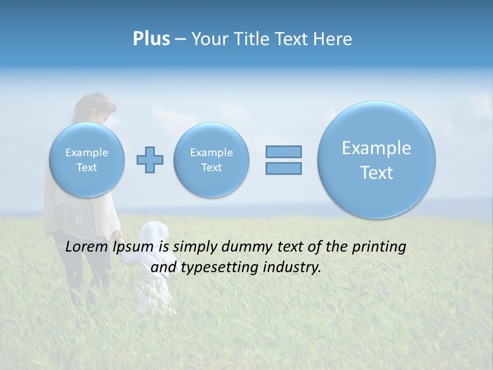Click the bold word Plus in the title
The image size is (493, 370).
point(151,39)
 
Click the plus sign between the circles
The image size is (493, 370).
point(150,160)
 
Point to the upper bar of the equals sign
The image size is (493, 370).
point(283,152)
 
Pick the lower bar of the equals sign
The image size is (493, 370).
point(283,168)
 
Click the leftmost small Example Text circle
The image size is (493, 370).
point(87,160)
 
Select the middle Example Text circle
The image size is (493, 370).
point(212,160)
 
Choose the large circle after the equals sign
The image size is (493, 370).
point(376,160)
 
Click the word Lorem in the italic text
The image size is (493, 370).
point(87,247)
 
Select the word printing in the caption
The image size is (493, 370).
point(378,247)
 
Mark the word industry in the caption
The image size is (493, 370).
point(293,267)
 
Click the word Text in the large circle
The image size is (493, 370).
point(376,173)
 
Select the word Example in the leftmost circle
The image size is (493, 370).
point(87,153)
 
